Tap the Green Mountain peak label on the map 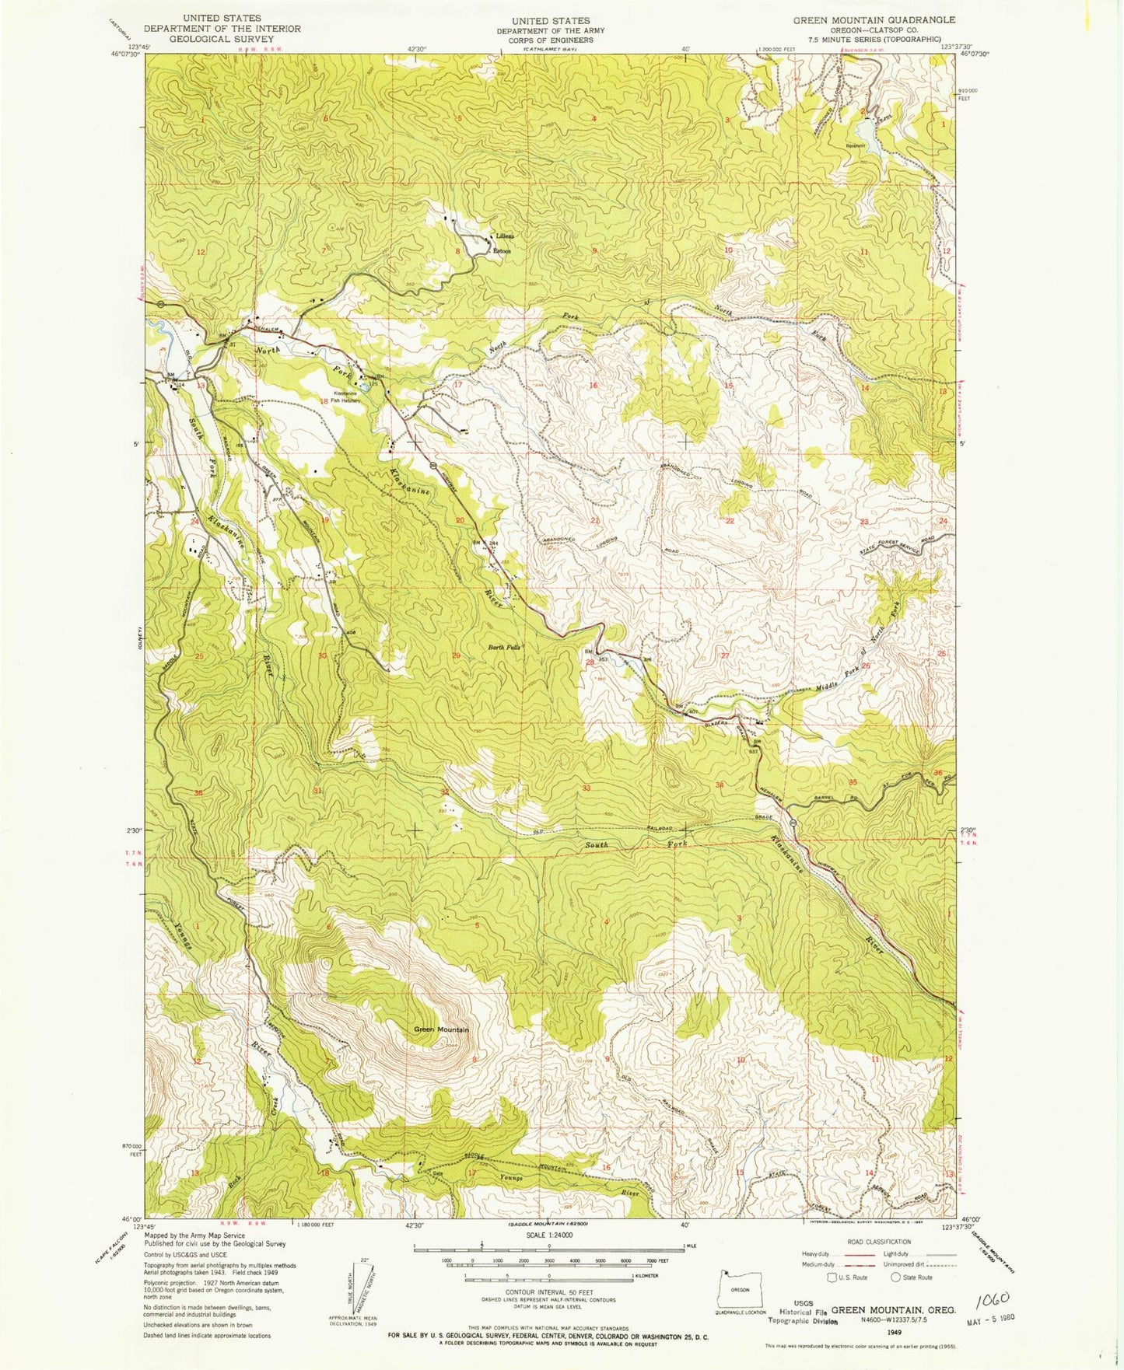point(441,1029)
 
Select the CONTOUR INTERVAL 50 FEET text point(549,1291)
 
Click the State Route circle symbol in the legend point(895,1277)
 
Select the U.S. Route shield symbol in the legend point(834,1277)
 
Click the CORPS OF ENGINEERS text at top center point(551,40)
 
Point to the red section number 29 point(456,655)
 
